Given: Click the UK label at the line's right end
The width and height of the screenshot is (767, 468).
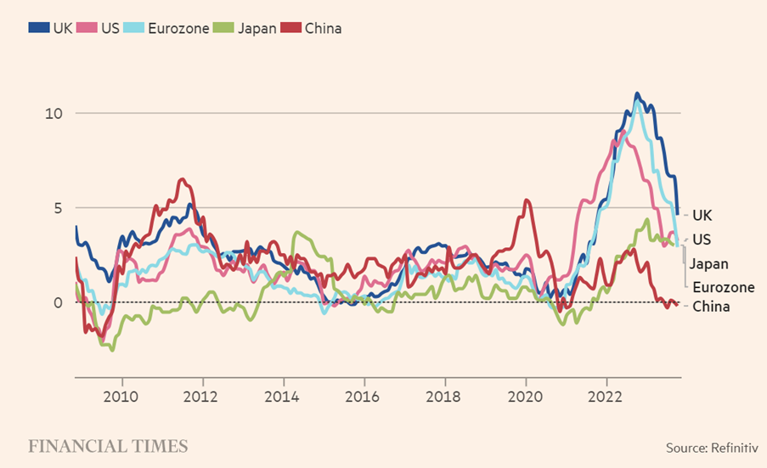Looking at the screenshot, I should click(x=702, y=216).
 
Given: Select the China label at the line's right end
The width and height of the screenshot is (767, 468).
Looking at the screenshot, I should click(x=711, y=307).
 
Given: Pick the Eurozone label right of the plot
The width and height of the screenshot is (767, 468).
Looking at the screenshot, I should click(x=723, y=287).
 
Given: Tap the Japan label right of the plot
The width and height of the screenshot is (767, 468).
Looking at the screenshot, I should click(x=708, y=263).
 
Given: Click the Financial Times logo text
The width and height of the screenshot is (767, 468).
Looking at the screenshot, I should click(x=108, y=446).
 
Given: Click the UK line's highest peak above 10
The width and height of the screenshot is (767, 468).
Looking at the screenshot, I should click(x=637, y=94).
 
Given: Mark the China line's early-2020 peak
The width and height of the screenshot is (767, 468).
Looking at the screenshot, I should click(x=527, y=200).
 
